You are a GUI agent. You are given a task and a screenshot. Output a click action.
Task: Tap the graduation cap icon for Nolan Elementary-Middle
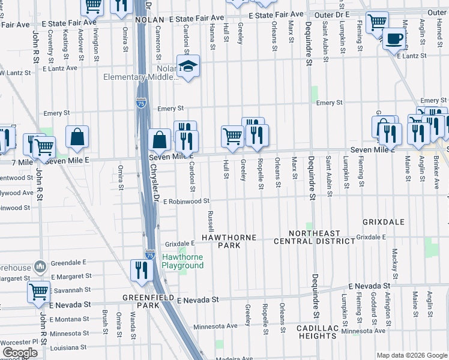188,67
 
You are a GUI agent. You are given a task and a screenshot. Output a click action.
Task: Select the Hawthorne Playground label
183,261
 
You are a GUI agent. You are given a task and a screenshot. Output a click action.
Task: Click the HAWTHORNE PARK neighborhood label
228,238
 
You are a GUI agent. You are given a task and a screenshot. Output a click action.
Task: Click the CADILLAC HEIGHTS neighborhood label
316,332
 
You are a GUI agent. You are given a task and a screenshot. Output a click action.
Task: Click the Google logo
20,353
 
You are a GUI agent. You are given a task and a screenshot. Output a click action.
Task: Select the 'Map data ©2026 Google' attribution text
411,355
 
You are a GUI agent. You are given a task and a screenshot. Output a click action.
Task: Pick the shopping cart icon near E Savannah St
38,292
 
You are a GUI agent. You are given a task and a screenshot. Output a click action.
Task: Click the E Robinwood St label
185,202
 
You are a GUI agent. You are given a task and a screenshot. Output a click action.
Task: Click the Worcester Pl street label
18,342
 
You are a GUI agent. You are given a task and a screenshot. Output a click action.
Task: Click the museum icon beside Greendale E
40,265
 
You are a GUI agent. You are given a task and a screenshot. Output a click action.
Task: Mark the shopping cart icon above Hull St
232,136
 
